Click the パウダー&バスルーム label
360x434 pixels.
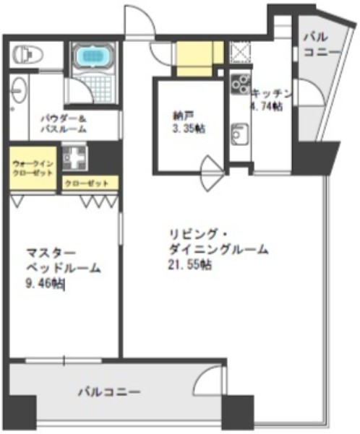pos(64,123)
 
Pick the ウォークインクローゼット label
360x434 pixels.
pos(33,169)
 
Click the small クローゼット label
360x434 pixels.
pos(87,183)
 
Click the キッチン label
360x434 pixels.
pos(272,93)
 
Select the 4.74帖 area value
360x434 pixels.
pos(266,106)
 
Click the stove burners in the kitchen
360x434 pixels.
pos(238,86)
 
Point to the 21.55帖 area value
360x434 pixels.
pos(187,264)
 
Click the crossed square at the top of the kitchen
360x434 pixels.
pos(239,51)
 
